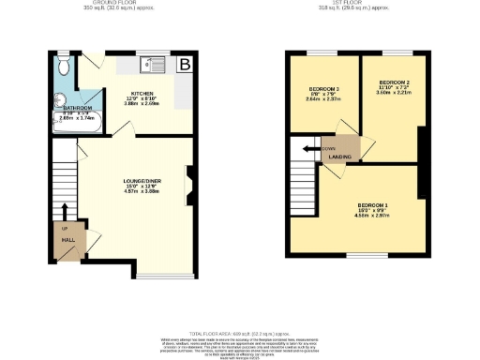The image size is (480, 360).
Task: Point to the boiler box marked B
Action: pyautogui.click(x=186, y=64)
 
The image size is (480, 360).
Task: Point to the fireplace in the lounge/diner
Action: pyautogui.click(x=190, y=185)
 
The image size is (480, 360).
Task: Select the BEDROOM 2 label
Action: pyautogui.click(x=388, y=82)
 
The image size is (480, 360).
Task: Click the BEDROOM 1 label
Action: pyautogui.click(x=372, y=204)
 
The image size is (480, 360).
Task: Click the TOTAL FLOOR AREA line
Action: pyautogui.click(x=239, y=334)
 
